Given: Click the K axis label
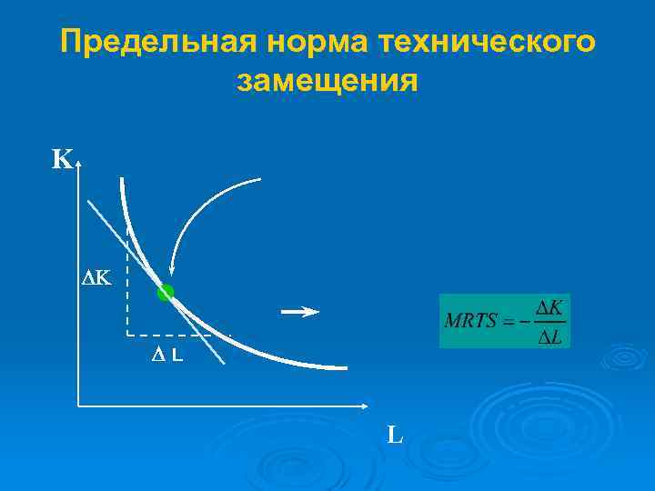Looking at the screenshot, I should click(x=61, y=161).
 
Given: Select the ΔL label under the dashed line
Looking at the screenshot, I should click(x=166, y=356).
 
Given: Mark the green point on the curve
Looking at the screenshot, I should click(x=165, y=293).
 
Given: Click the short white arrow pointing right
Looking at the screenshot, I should click(x=300, y=313).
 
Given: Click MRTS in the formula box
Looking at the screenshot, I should click(x=471, y=322).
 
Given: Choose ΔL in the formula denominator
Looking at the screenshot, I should click(x=548, y=336).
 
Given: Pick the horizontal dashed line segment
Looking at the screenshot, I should click(x=173, y=336).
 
